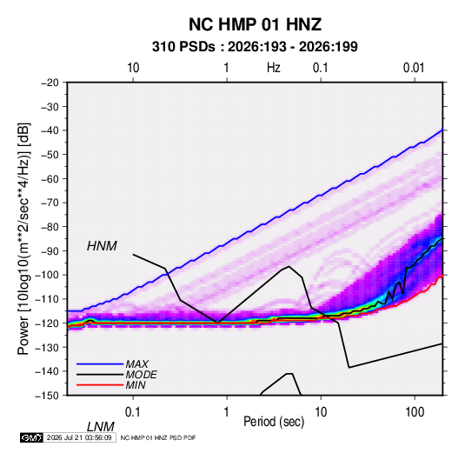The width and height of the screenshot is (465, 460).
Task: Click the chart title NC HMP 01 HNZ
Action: [255, 24]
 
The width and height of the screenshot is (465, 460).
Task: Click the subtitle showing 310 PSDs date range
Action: [255, 47]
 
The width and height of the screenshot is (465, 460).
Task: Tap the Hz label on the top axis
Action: [274, 68]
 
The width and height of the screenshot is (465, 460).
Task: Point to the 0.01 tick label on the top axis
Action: [414, 68]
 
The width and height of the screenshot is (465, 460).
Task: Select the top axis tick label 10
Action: [133, 68]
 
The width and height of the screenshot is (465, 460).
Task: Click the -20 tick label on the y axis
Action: [50, 83]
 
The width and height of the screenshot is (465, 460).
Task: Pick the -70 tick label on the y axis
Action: [50, 203]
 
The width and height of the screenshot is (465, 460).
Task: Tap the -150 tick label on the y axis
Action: [47, 396]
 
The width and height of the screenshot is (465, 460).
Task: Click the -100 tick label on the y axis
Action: [47, 275]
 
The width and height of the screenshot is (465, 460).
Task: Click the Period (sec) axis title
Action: [274, 422]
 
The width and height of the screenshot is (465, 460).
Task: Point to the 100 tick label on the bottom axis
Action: [415, 412]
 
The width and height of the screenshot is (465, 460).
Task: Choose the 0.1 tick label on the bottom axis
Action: [133, 412]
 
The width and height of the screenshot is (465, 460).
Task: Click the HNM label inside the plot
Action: [102, 246]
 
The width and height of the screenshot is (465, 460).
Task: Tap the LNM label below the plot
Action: [100, 427]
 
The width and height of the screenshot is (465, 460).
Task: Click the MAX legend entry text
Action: [136, 363]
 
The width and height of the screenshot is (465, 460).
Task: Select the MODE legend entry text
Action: [141, 375]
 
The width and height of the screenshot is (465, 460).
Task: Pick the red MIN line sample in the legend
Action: [100, 385]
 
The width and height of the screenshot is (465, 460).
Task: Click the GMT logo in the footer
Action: [31, 437]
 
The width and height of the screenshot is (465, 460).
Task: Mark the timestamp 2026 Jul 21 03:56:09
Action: [79, 437]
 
